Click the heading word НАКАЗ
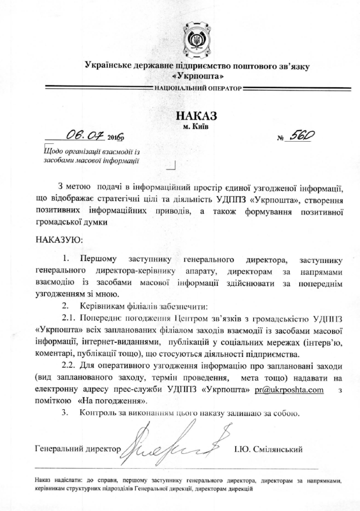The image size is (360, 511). [x=197, y=116]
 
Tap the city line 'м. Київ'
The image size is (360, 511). [x=197, y=126]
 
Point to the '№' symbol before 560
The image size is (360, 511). [x=280, y=139]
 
